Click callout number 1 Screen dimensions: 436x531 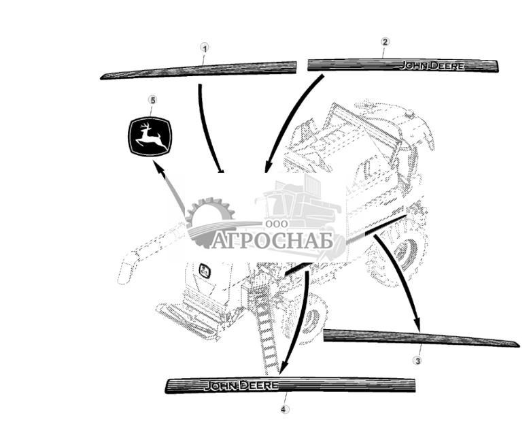(205, 48)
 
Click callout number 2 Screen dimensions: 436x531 (384, 41)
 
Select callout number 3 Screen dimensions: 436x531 (417, 360)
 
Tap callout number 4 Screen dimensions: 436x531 (284, 409)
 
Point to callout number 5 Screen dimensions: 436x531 (152, 100)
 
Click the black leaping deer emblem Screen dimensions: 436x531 (150, 135)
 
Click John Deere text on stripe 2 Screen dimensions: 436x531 (431, 66)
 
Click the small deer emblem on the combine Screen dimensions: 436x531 (204, 271)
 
